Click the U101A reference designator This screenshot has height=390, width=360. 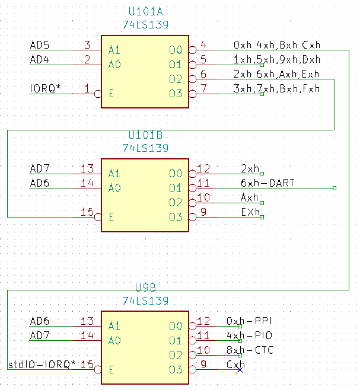[x=145, y=12]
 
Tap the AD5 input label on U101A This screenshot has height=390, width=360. [x=40, y=45]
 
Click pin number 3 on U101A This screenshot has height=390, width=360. [x=87, y=45]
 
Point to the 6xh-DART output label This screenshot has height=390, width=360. [x=267, y=183]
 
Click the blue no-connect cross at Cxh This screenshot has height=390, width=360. [x=238, y=369]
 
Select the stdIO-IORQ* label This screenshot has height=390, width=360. [x=42, y=365]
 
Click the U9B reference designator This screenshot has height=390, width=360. [x=145, y=288]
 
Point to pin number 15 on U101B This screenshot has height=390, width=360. [x=87, y=212]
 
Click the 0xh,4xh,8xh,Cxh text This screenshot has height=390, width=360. [x=276, y=45]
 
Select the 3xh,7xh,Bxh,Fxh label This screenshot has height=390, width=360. [x=276, y=89]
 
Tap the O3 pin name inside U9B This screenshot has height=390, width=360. [x=175, y=370]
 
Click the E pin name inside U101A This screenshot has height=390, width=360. [x=111, y=94]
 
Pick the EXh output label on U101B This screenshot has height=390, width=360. [x=250, y=212]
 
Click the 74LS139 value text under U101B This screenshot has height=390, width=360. [x=145, y=148]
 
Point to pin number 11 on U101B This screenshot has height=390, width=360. [x=203, y=183]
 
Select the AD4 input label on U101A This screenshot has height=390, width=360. [x=40, y=60]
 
